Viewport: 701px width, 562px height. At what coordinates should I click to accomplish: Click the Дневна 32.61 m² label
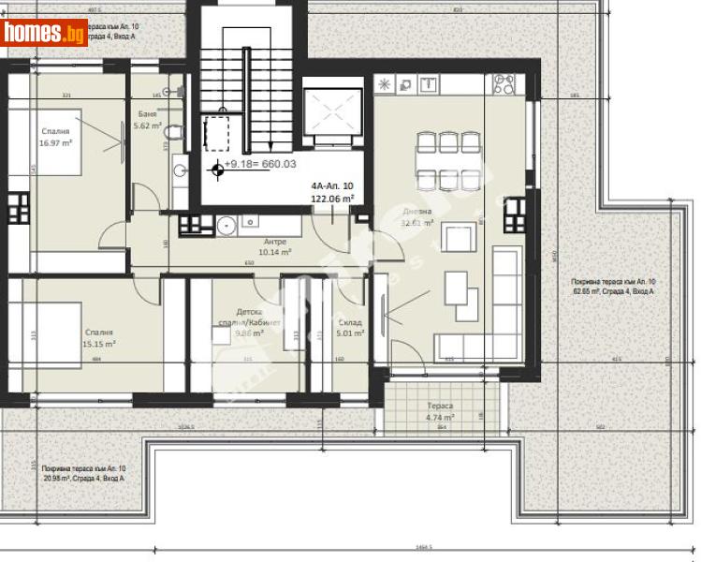417,217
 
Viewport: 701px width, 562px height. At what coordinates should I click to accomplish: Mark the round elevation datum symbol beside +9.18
218,169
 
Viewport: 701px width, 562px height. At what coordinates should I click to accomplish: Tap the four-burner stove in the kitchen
501,85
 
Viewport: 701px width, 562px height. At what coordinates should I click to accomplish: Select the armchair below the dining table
460,238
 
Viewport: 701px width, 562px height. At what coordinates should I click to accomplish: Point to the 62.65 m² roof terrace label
613,286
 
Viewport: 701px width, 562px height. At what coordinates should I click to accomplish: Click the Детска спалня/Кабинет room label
248,318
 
